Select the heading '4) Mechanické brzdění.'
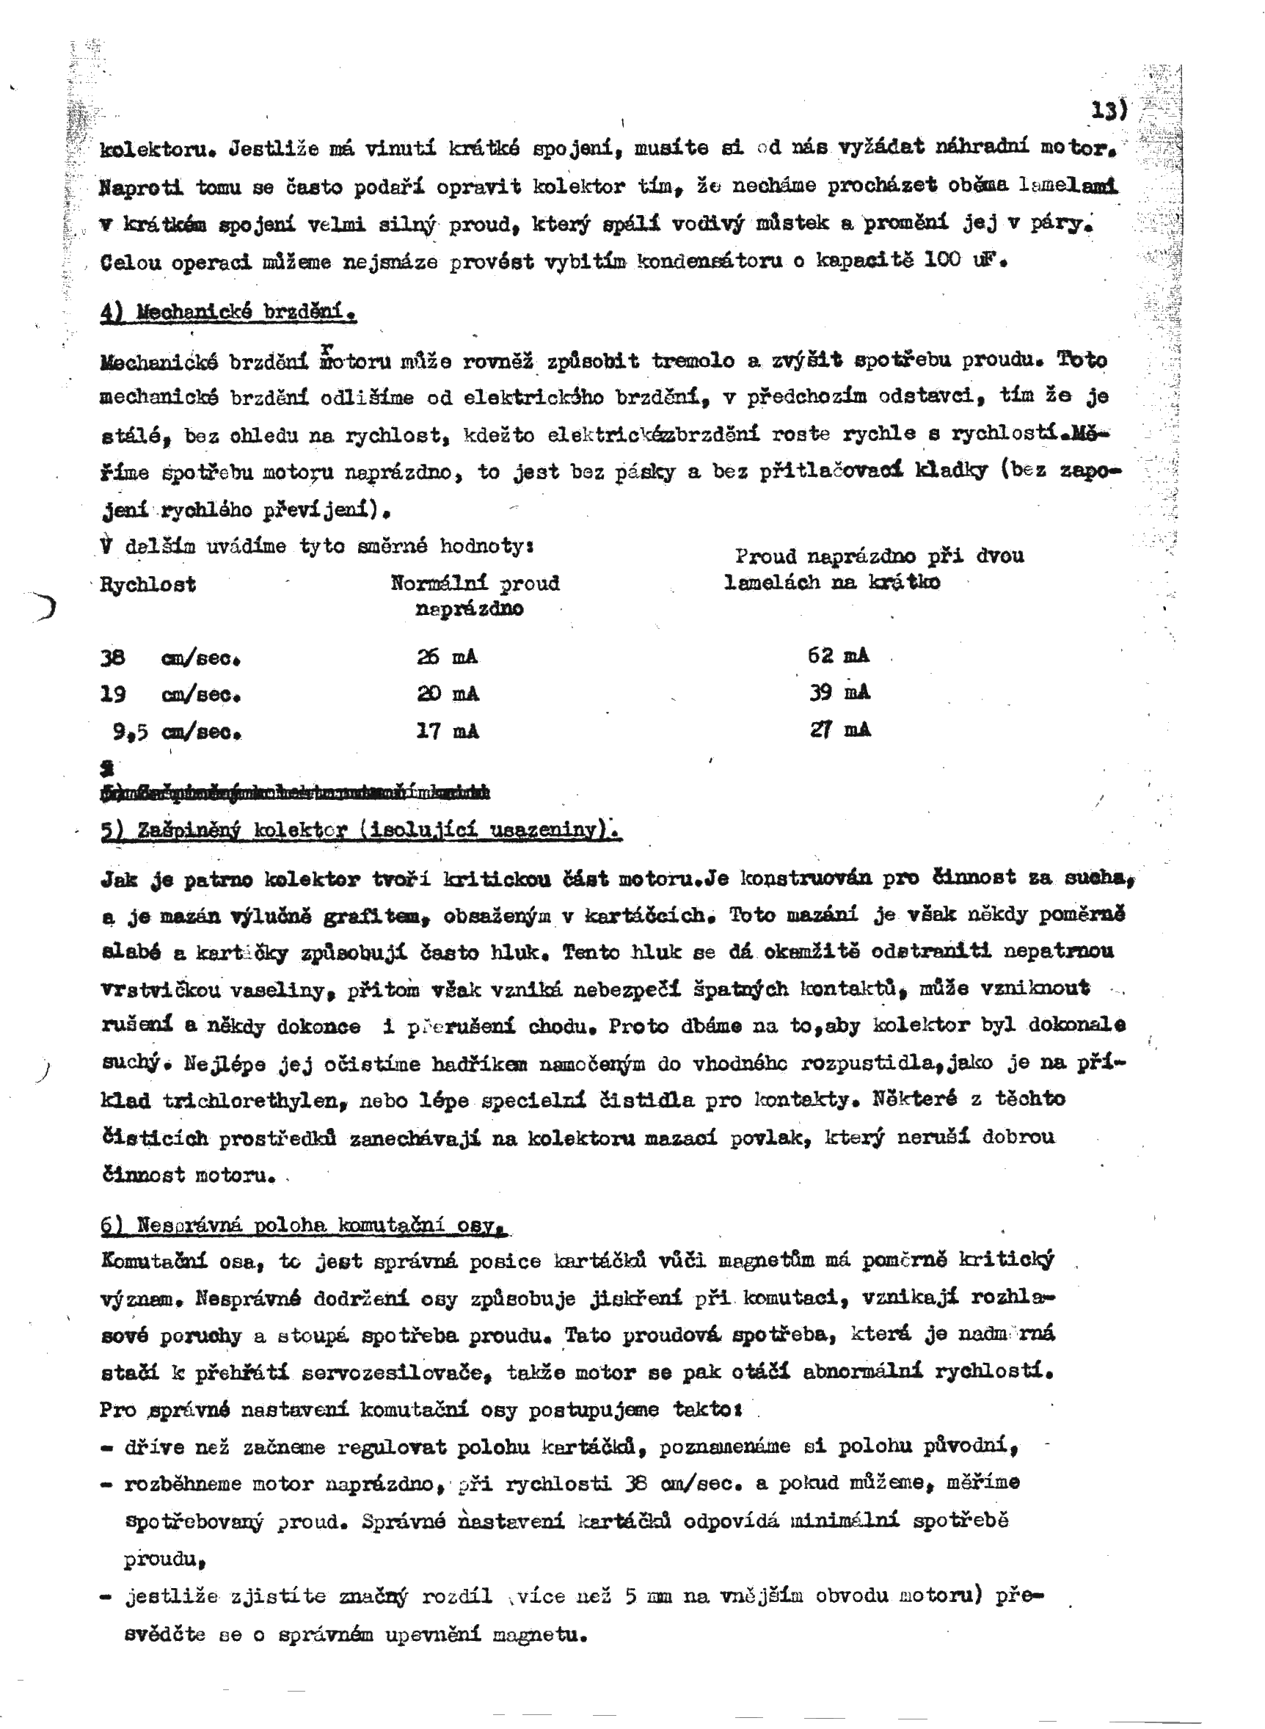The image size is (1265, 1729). (228, 313)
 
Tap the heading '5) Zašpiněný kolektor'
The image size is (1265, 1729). (360, 831)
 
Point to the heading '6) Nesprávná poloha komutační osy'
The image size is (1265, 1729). (304, 1225)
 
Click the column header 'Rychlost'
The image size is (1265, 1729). (147, 585)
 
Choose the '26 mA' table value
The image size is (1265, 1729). (447, 657)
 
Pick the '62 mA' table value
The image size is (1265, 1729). (839, 655)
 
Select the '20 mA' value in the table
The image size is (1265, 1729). (447, 694)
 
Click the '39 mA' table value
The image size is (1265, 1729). (840, 692)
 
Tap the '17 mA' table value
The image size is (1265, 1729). (447, 731)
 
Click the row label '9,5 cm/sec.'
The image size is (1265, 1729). (177, 732)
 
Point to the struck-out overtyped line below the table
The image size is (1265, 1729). (295, 792)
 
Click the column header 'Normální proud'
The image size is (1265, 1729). (475, 583)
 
